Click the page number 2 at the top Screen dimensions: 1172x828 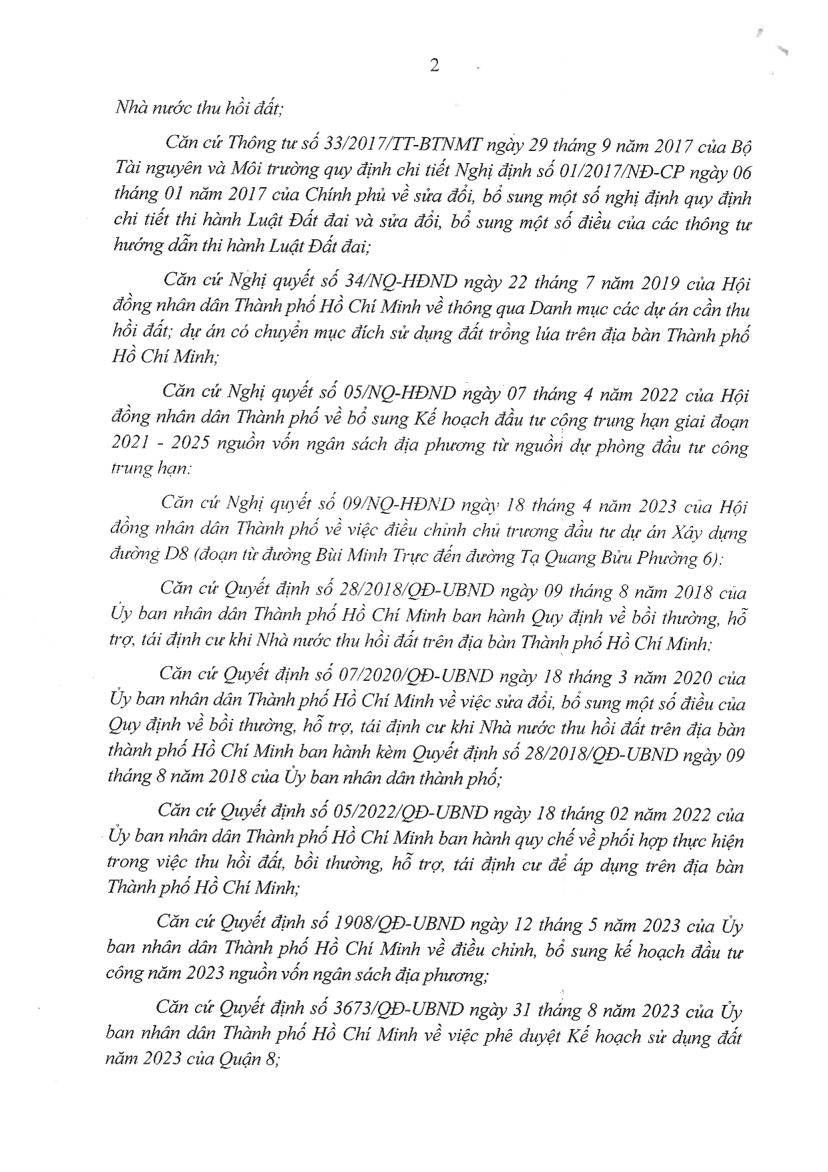click(x=434, y=65)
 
